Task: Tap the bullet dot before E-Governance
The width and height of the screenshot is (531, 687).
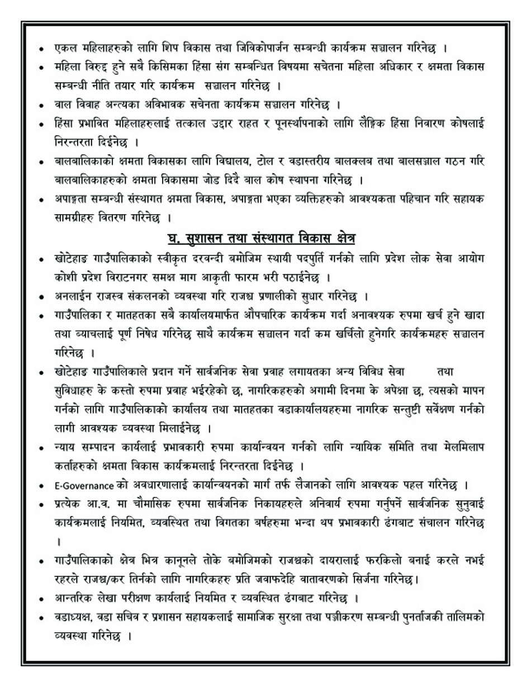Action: click(x=42, y=485)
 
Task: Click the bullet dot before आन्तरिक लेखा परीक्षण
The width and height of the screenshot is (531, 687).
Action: click(x=42, y=599)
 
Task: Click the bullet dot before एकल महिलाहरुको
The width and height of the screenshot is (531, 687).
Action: click(x=42, y=49)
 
